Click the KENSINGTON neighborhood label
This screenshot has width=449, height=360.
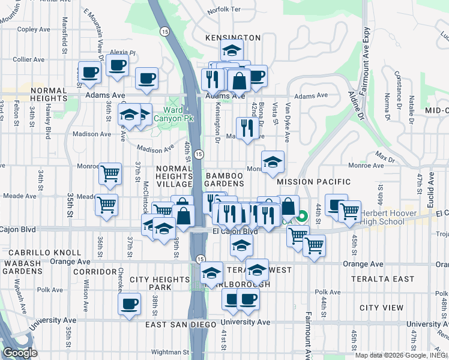[x=233, y=38]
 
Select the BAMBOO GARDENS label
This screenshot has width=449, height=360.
[x=225, y=179]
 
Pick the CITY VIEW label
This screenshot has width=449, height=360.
[x=382, y=308]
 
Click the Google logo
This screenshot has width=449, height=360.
[x=20, y=353]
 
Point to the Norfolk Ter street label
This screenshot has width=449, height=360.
[x=223, y=10]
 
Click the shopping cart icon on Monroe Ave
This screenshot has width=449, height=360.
[x=110, y=174]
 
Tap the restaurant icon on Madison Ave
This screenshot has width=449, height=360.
[x=247, y=128]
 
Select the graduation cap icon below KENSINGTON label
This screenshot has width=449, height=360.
[x=232, y=50]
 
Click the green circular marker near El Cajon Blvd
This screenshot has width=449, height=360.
[x=303, y=217]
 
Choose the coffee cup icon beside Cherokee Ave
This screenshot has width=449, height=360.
[x=129, y=304]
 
